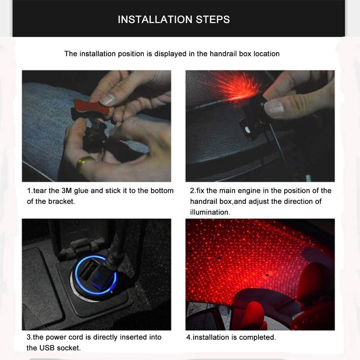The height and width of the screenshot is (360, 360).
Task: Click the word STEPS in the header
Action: [213, 19]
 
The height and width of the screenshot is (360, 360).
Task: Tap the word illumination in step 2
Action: [210, 212]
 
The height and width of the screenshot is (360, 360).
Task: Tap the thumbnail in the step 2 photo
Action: [276, 108]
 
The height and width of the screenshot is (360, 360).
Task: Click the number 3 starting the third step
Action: [29, 337]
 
